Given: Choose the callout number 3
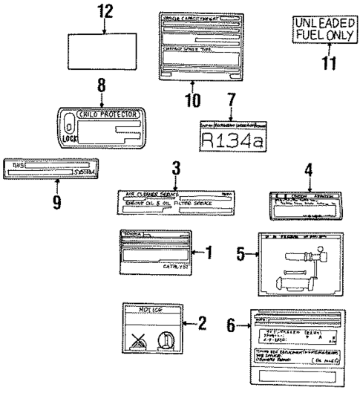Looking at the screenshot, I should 175,169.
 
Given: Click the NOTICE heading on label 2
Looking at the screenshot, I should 150,310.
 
